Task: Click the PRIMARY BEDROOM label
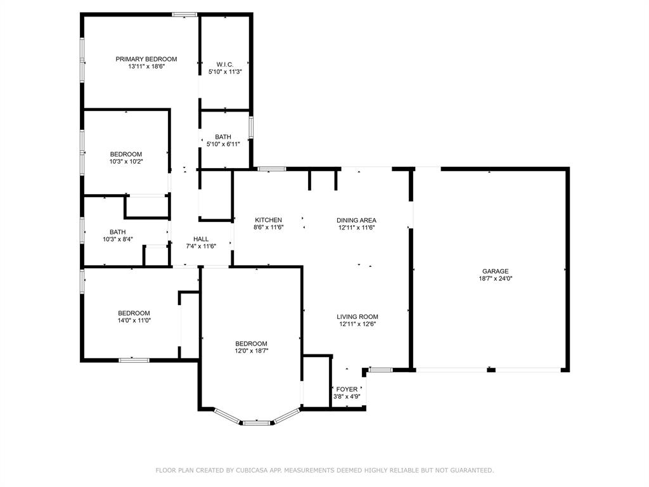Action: (146, 59)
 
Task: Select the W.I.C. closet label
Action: (225, 64)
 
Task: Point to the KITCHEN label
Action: (268, 220)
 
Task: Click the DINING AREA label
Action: (356, 220)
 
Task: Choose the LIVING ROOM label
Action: (357, 316)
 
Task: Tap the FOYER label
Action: (347, 389)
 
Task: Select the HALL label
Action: (201, 239)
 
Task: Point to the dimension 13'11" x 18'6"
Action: (146, 66)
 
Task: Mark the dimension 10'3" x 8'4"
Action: (117, 239)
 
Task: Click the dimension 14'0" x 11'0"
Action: (134, 320)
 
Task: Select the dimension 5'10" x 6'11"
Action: (223, 144)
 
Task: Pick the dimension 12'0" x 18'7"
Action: (252, 351)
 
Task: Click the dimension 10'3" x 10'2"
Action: (125, 161)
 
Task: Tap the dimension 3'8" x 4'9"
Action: (347, 396)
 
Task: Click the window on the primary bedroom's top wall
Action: (184, 14)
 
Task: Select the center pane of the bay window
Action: (257, 422)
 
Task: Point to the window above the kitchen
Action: (271, 169)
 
